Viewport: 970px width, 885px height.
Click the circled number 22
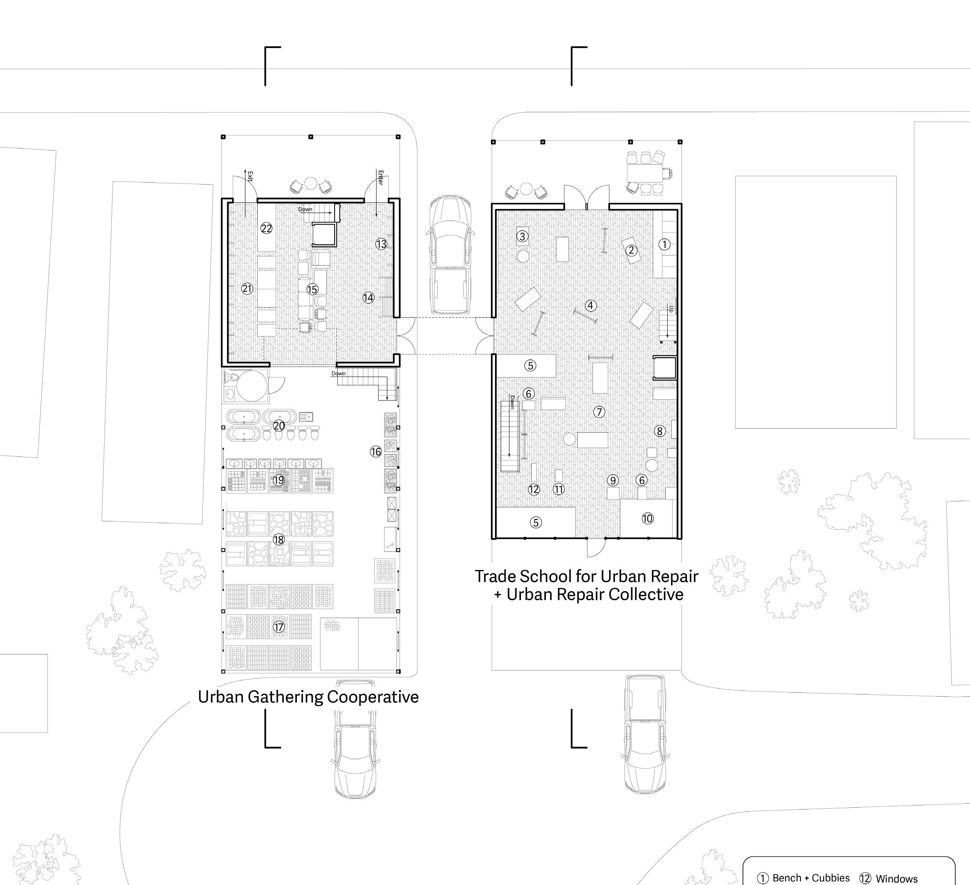266,228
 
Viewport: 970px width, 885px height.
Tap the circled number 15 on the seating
312,289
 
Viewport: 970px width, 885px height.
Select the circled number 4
591,305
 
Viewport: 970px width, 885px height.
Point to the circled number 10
648,519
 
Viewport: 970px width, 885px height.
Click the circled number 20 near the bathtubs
279,426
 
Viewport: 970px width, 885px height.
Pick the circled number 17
279,627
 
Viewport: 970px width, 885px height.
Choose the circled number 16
376,452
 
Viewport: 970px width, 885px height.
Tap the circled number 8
660,431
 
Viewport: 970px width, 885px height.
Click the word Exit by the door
250,177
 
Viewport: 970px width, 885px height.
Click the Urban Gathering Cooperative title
308,697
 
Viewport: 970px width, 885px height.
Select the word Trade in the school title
496,576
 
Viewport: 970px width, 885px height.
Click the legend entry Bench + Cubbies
811,878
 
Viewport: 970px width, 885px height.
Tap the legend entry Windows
897,879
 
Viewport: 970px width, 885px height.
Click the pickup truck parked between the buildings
449,255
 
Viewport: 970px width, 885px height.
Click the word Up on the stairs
671,309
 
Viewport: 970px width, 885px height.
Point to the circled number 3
522,236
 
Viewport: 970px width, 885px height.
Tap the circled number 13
381,244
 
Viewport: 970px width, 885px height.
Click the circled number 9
613,480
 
